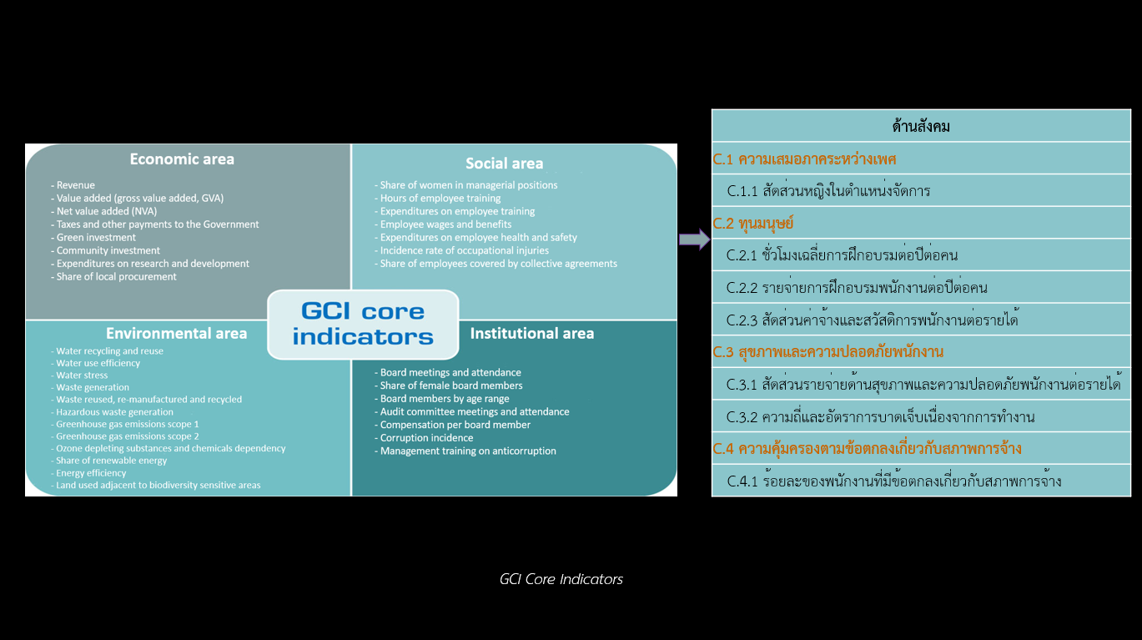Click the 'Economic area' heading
[182, 159]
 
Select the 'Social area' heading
[504, 164]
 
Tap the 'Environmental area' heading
[176, 333]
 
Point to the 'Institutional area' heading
[532, 333]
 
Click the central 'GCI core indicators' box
[363, 324]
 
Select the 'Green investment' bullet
[96, 237]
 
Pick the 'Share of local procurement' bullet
[116, 276]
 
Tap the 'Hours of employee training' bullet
[440, 198]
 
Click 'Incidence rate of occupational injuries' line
[464, 250]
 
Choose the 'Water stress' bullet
[82, 375]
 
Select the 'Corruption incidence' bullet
[427, 437]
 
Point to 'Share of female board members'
[451, 386]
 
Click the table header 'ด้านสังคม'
[921, 127]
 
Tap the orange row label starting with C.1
[804, 159]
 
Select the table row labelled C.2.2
[857, 288]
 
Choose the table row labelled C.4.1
[894, 481]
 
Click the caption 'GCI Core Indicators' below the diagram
[561, 579]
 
